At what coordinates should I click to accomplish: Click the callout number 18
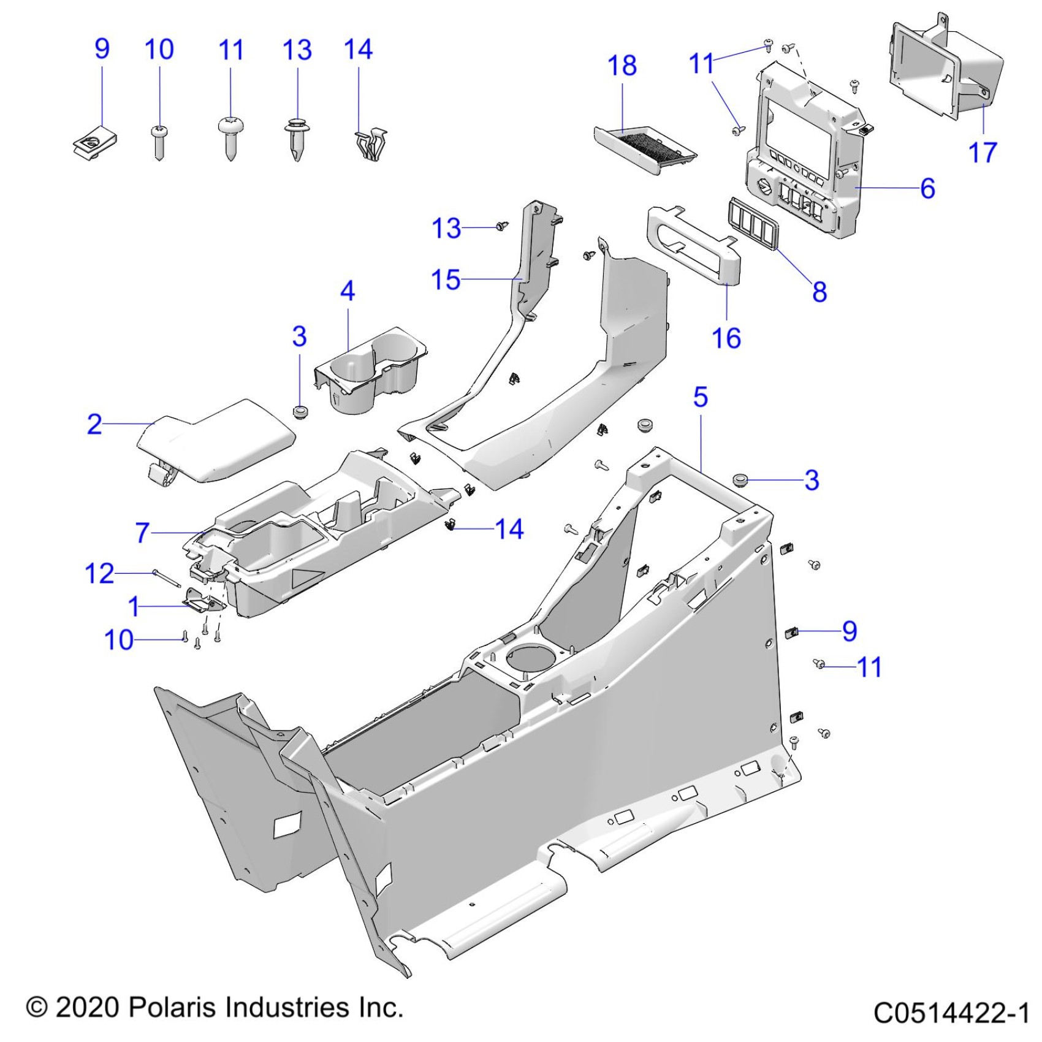point(622,66)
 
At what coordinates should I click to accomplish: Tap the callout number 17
point(982,152)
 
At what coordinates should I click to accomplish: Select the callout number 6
point(927,188)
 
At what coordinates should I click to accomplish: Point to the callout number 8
point(820,292)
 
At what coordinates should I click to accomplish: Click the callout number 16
point(726,338)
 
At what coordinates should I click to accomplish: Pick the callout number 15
point(446,280)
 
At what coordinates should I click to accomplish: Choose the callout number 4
point(348,291)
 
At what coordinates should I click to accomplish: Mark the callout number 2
point(94,424)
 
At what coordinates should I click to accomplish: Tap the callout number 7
point(142,533)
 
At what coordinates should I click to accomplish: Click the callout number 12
point(99,574)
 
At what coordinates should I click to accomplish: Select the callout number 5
point(700,397)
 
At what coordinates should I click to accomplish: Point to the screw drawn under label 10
point(159,142)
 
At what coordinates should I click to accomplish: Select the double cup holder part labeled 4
point(371,368)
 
